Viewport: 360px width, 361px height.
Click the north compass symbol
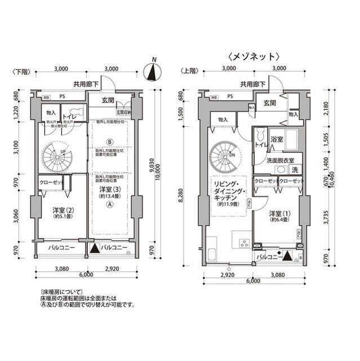point(151,72)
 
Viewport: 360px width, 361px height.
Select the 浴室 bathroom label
point(276,139)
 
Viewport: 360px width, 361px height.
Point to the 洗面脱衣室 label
point(279,160)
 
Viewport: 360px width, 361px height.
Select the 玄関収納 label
point(123,112)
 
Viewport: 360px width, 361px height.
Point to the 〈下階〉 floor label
point(20,71)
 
